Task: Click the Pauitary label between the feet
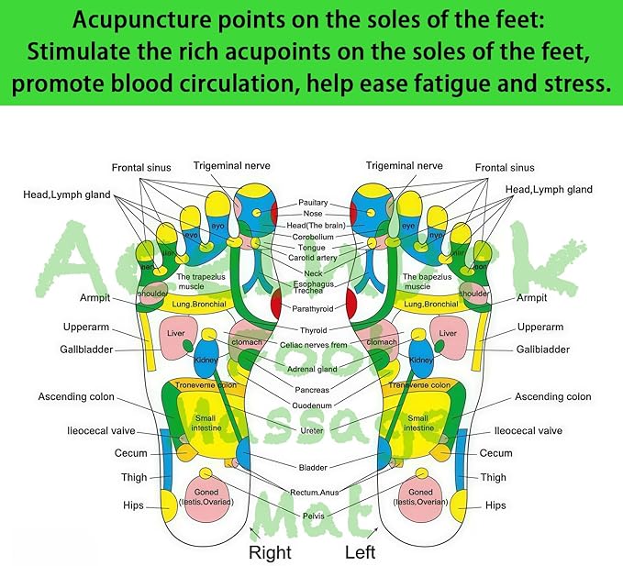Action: click(x=313, y=203)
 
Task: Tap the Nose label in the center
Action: click(x=313, y=214)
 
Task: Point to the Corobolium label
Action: click(x=313, y=237)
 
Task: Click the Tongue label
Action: click(x=313, y=248)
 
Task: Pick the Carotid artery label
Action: click(x=313, y=259)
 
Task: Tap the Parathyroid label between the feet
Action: click(x=313, y=309)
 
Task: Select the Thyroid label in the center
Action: click(x=313, y=330)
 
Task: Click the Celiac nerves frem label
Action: click(x=313, y=345)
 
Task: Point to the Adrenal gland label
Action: click(x=313, y=369)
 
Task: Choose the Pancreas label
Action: click(x=313, y=390)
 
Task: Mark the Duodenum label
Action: click(x=313, y=405)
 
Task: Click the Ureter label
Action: click(x=313, y=430)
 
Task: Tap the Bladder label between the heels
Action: click(x=313, y=467)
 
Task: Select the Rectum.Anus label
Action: click(x=313, y=493)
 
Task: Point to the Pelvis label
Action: click(x=313, y=516)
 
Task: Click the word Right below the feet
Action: click(x=270, y=552)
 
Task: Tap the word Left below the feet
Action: click(x=360, y=552)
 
